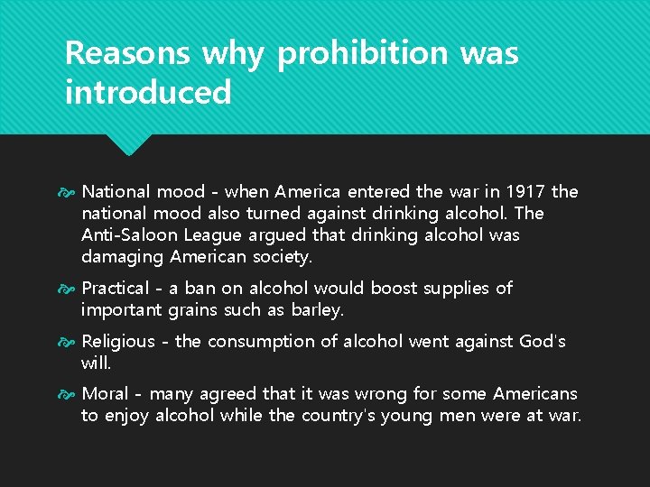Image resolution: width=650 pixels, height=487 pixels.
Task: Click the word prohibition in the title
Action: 362,54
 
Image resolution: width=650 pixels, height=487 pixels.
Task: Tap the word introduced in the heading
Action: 148,92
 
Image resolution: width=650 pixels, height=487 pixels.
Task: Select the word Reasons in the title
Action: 127,54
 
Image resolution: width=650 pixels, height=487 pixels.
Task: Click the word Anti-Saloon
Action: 125,235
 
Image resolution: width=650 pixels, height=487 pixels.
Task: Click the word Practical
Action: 115,289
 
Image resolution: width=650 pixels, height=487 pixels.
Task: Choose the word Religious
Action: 118,341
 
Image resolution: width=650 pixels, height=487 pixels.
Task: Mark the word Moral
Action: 105,394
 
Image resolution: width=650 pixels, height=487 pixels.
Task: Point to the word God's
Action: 543,341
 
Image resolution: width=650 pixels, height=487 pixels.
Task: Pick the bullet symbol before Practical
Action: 70,289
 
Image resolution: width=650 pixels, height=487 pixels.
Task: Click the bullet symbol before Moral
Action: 70,394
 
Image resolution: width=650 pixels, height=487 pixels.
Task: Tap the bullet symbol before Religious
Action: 70,341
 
